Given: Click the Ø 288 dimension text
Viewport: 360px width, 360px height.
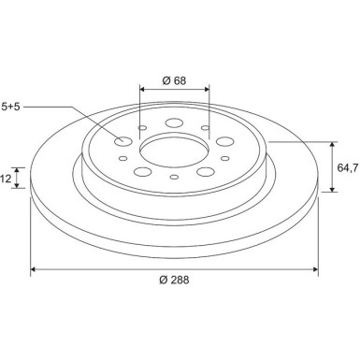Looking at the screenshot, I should pyautogui.click(x=174, y=281).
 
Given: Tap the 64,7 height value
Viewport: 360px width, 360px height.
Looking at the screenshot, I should pyautogui.click(x=347, y=167).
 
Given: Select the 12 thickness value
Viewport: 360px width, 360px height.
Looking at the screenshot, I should pyautogui.click(x=6, y=177).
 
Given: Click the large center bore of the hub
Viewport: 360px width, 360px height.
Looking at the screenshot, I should pyautogui.click(x=174, y=150).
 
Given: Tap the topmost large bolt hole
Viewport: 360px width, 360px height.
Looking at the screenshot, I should pyautogui.click(x=175, y=122).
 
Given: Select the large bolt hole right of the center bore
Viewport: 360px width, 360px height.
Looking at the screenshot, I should pyautogui.click(x=224, y=141).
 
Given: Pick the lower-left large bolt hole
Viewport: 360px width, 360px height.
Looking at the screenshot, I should pyautogui.click(x=143, y=171).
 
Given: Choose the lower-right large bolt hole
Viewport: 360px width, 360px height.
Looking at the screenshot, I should pyautogui.click(x=206, y=171).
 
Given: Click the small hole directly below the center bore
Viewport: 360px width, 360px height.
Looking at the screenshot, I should pyautogui.click(x=175, y=177).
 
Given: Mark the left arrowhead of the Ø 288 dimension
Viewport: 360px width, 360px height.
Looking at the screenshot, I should pyautogui.click(x=35, y=269).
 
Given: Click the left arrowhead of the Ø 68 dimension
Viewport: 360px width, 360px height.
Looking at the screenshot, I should pyautogui.click(x=142, y=90).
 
